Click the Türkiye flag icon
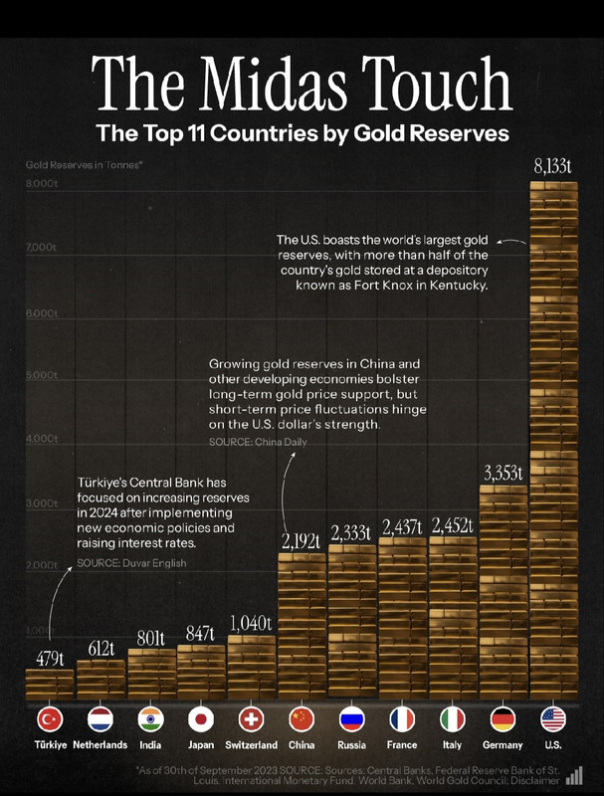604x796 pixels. [x=50, y=718]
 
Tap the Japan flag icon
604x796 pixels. [x=201, y=718]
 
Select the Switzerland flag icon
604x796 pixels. [x=252, y=718]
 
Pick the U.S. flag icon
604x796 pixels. [x=553, y=718]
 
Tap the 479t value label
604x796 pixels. [x=50, y=658]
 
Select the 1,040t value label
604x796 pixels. [x=252, y=624]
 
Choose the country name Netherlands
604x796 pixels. [x=101, y=744]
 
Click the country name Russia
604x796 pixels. [x=352, y=744]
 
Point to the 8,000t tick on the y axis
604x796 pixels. [x=42, y=185]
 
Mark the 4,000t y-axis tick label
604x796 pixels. [x=42, y=439]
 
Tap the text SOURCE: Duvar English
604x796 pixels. [x=131, y=563]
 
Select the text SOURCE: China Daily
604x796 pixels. [x=258, y=441]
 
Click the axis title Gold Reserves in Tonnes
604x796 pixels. [x=85, y=161]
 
